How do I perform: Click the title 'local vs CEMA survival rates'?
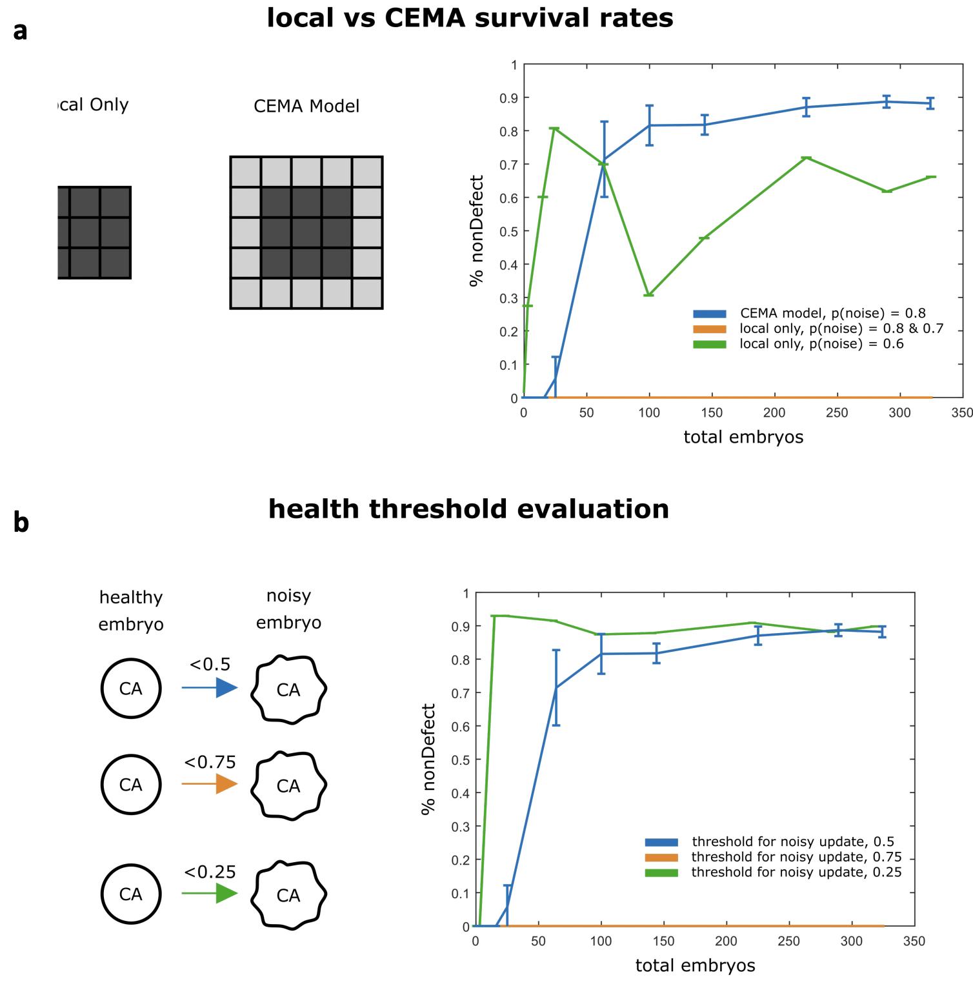(470, 18)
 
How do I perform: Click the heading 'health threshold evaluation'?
(468, 509)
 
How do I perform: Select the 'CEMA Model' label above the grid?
(306, 106)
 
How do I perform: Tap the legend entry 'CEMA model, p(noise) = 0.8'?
(832, 314)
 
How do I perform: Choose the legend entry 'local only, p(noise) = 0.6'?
(821, 344)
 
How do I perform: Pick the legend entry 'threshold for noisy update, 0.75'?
(796, 857)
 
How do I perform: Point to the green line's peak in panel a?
(555, 128)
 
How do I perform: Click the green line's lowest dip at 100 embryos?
(649, 295)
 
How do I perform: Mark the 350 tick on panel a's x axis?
(963, 413)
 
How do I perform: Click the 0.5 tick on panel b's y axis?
(465, 760)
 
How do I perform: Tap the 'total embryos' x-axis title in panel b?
(695, 965)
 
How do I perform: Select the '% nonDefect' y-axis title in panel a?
(476, 231)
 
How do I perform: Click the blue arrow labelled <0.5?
(210, 688)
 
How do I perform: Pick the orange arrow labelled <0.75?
(210, 784)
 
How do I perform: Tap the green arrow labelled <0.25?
(210, 893)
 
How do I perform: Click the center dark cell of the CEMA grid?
(306, 233)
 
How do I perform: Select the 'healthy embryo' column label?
(131, 610)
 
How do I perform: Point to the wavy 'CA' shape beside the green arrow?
(288, 895)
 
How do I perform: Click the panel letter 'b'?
(21, 523)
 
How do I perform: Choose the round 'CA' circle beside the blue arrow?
(130, 689)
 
